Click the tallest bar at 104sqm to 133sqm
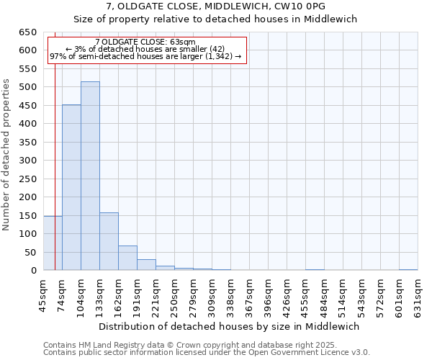click(90, 176)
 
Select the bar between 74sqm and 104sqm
click(71, 187)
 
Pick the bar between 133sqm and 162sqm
click(109, 241)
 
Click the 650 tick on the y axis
click(27, 32)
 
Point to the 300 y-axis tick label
click(27, 161)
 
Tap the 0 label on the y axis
click(33, 271)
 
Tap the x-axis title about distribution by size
click(230, 326)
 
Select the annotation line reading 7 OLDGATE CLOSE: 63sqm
click(145, 42)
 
